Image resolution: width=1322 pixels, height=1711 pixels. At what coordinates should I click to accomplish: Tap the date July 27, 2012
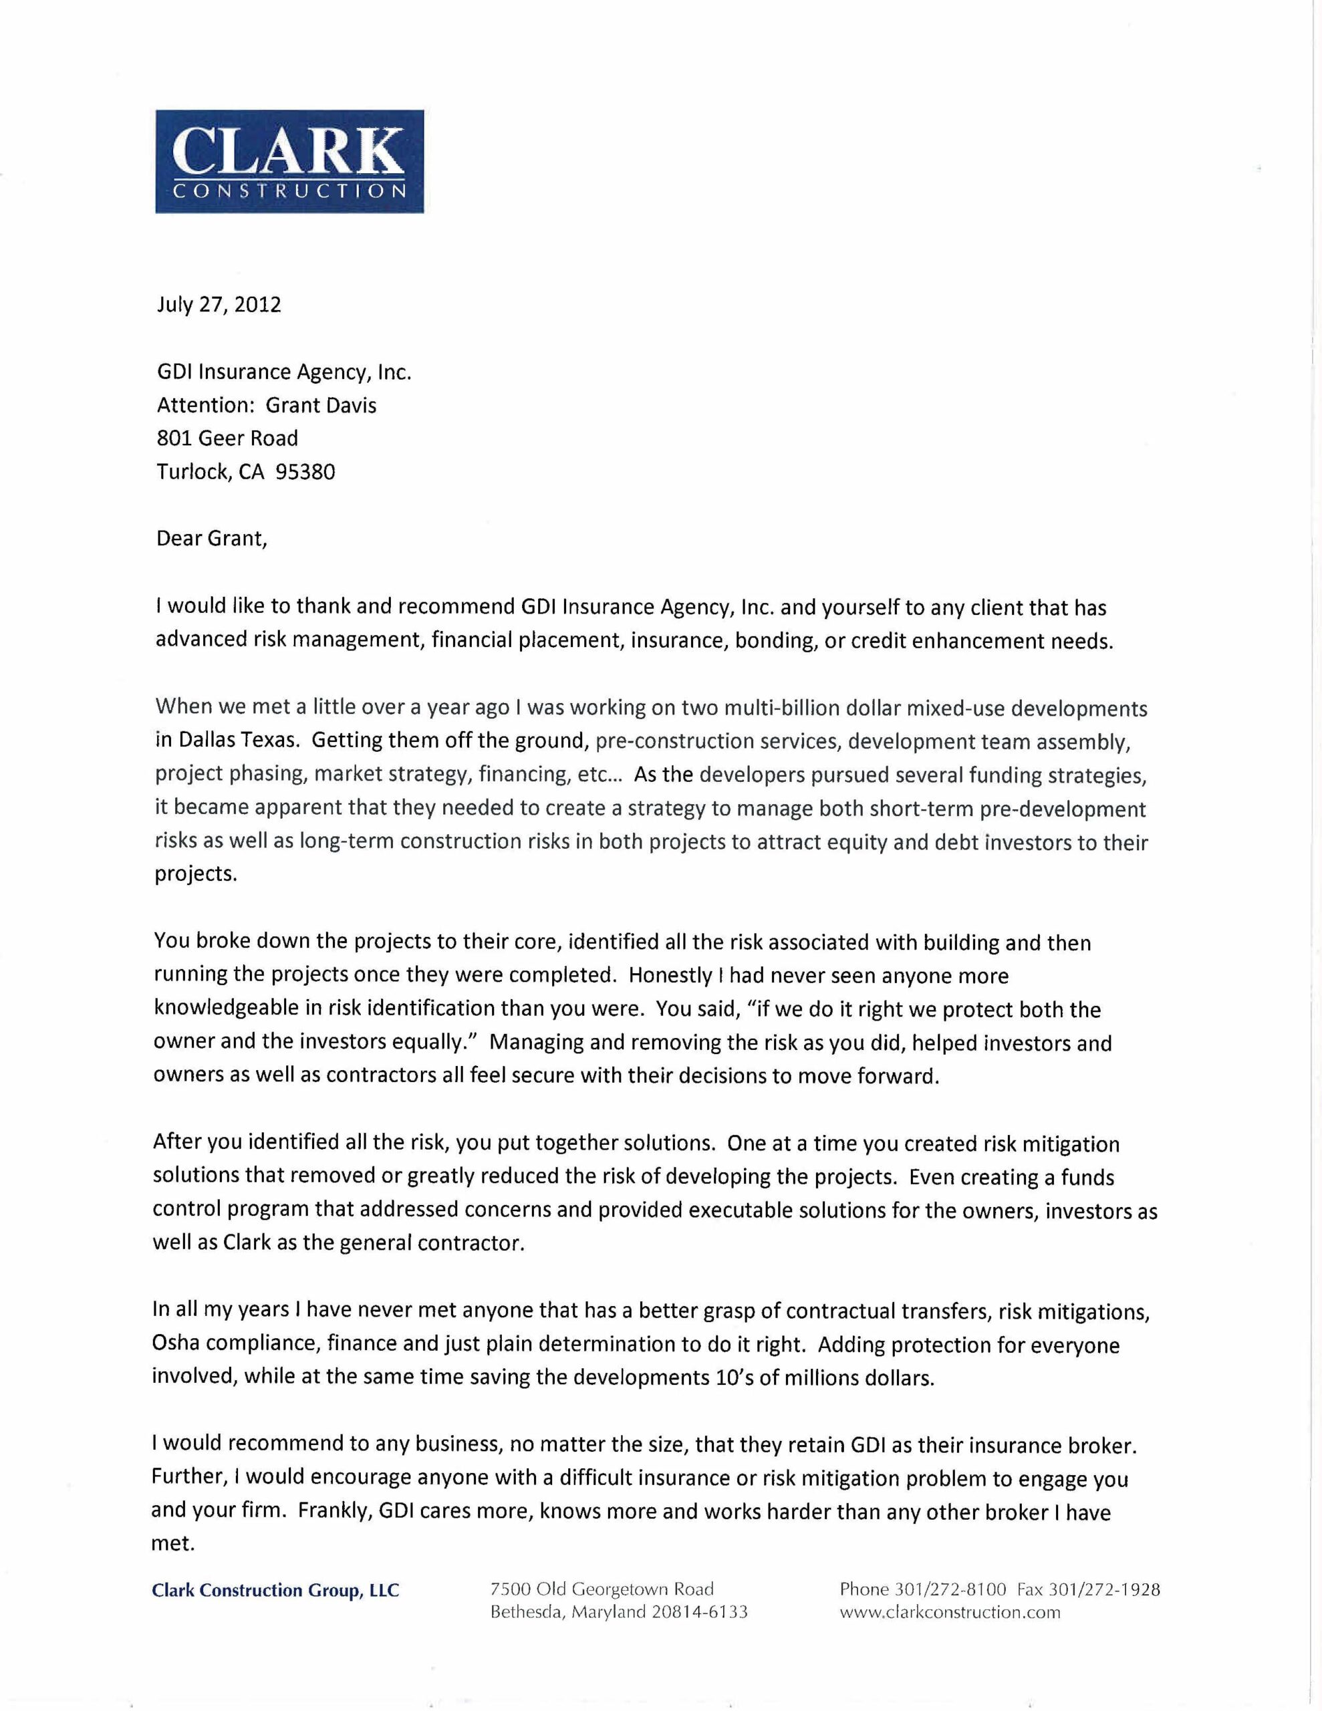coord(219,305)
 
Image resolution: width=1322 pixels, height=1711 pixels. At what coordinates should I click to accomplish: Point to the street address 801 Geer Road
coord(227,438)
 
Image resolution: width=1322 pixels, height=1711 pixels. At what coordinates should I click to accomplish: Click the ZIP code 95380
coord(305,473)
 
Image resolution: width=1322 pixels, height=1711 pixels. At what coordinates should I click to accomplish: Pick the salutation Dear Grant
coord(212,539)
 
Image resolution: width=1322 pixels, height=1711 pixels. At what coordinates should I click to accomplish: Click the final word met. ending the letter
coord(172,1544)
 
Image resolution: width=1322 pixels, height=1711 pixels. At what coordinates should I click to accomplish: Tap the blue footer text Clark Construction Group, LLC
coord(275,1590)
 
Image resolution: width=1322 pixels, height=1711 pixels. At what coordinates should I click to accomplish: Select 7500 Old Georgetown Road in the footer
coord(602,1589)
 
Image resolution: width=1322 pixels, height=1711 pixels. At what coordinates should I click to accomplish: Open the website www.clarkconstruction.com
coord(950,1612)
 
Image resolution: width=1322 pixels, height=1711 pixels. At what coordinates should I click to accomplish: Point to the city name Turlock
coord(192,473)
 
